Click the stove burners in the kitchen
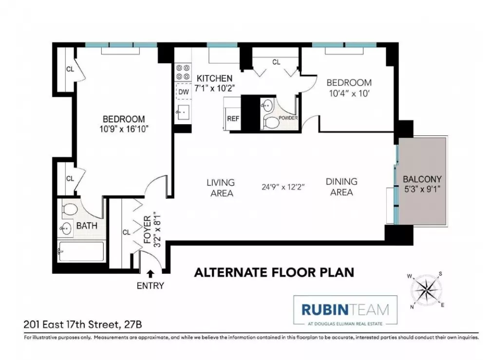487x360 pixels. (x=183, y=72)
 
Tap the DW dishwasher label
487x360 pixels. (x=184, y=92)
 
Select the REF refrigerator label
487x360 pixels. (x=233, y=119)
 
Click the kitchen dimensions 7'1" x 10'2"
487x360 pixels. (x=214, y=88)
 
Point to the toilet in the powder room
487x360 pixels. (x=271, y=123)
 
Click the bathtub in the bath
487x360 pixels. (x=81, y=251)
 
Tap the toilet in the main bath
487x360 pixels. (x=70, y=209)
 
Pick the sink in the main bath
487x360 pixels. (x=66, y=229)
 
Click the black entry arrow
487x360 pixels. (x=150, y=274)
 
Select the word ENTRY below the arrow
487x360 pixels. (x=150, y=285)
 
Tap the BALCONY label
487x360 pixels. (x=422, y=179)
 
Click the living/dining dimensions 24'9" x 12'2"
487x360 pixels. (x=283, y=187)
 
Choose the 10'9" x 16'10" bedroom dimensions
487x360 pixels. (x=124, y=129)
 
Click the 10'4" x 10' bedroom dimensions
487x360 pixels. (x=349, y=93)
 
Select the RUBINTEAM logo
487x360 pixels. (x=345, y=310)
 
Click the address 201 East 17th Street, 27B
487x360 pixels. (x=83, y=324)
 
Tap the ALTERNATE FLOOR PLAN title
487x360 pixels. (x=274, y=272)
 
